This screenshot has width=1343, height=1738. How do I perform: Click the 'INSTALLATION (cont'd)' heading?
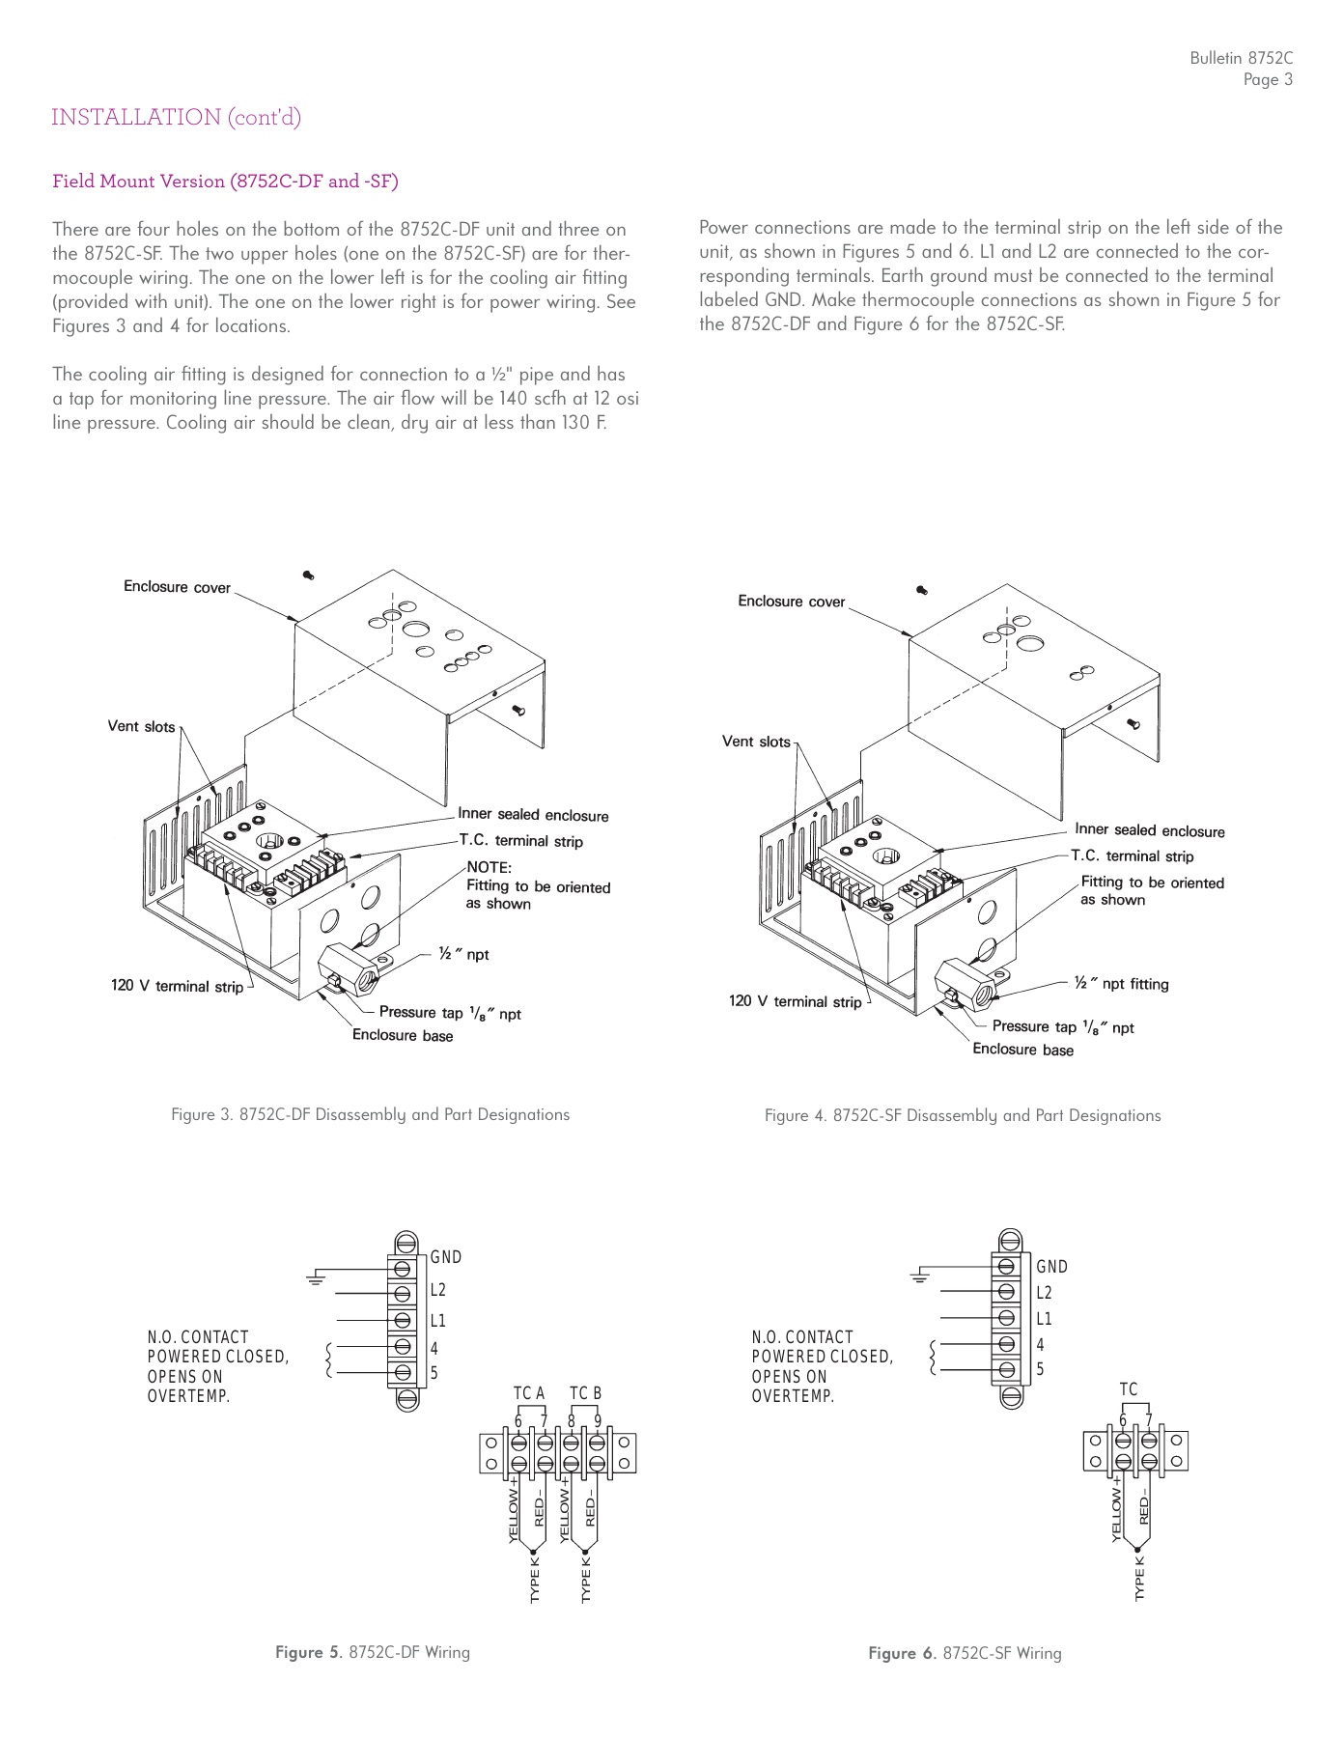point(176,118)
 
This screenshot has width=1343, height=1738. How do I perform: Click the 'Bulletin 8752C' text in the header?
point(1241,59)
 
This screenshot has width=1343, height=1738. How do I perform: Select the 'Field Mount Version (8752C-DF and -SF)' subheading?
point(225,182)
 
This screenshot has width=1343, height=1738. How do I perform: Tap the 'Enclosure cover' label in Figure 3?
point(177,587)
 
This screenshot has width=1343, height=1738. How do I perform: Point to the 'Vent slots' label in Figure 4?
point(756,742)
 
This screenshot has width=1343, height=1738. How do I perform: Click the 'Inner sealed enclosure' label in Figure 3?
point(533,815)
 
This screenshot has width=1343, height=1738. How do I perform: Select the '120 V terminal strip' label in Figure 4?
point(795,1001)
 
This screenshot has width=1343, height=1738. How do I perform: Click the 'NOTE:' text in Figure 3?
point(489,867)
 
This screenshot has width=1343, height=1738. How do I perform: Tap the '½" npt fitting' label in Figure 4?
point(1121,984)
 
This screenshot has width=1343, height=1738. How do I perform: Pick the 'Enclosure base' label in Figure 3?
point(402,1036)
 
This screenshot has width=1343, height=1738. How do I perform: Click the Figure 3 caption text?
point(370,1114)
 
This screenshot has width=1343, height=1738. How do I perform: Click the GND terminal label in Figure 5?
point(446,1257)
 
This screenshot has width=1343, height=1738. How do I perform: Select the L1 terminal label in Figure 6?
point(1044,1319)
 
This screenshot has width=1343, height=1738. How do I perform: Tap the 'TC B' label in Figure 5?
point(585,1393)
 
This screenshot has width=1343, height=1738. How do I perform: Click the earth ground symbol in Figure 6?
point(918,1277)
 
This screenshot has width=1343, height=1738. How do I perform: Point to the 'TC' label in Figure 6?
point(1129,1389)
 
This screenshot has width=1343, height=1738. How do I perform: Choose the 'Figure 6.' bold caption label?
point(902,1653)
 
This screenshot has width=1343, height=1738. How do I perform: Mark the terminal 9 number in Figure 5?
point(599,1420)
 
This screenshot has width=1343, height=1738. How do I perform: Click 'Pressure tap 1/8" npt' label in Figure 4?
point(1062,1027)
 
